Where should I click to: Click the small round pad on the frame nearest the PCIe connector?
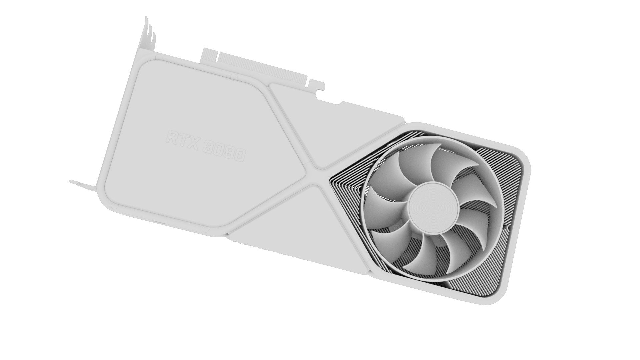(234, 77)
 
